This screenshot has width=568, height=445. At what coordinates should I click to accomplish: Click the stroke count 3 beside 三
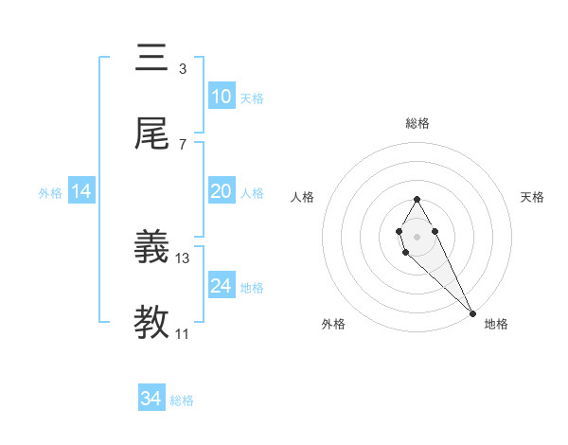pyautogui.click(x=182, y=69)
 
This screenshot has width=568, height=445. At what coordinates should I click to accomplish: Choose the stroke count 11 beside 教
pyautogui.click(x=183, y=334)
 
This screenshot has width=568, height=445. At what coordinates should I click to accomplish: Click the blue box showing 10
pyautogui.click(x=221, y=97)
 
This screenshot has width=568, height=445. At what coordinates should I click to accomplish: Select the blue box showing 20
pyautogui.click(x=221, y=191)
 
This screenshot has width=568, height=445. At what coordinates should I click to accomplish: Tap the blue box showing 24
pyautogui.click(x=221, y=286)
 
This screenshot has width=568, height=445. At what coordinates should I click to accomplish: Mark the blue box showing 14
pyautogui.click(x=80, y=191)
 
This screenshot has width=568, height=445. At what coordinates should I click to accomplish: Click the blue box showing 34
pyautogui.click(x=151, y=399)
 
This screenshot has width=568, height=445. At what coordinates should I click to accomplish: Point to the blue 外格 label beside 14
pyautogui.click(x=50, y=193)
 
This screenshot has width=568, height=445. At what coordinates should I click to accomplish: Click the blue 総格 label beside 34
pyautogui.click(x=182, y=400)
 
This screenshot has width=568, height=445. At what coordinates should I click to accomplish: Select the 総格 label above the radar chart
pyautogui.click(x=417, y=123)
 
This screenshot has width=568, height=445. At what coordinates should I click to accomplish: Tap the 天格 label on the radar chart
pyautogui.click(x=533, y=197)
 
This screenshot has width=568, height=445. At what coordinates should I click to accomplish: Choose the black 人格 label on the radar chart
pyautogui.click(x=302, y=197)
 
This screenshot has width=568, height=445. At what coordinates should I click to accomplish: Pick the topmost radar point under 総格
pyautogui.click(x=417, y=199)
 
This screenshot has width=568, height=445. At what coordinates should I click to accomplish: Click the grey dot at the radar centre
pyautogui.click(x=417, y=235)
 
